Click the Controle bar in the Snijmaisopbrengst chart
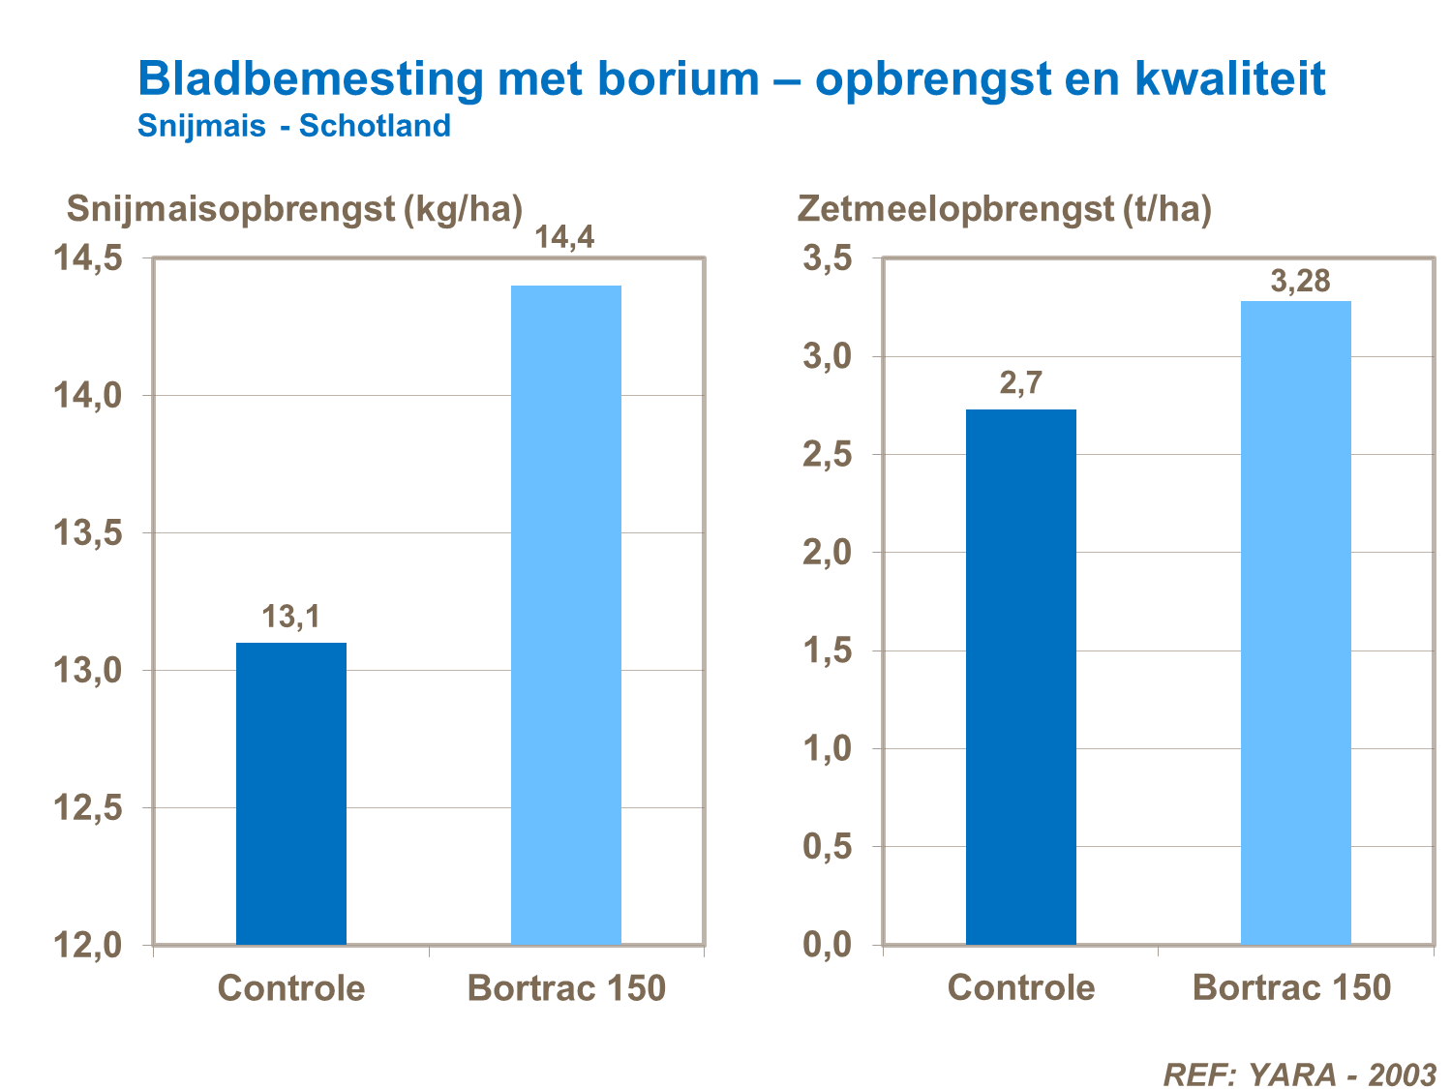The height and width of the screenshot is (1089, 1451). click(x=291, y=794)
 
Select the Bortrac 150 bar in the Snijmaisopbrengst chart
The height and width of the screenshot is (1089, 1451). click(x=566, y=615)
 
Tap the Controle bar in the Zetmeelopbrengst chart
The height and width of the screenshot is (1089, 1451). click(x=1021, y=678)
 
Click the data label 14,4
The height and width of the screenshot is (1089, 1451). click(x=566, y=237)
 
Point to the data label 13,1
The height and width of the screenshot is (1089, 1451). click(x=291, y=617)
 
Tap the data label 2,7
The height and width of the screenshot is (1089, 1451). click(x=1021, y=383)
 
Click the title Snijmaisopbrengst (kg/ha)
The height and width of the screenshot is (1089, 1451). click(x=294, y=208)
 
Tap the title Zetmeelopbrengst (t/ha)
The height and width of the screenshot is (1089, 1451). click(x=1004, y=208)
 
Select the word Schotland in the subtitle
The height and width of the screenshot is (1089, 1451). click(x=375, y=126)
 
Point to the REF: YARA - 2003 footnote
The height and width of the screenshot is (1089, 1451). click(x=1299, y=1074)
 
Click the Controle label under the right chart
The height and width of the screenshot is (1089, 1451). click(x=1021, y=987)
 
